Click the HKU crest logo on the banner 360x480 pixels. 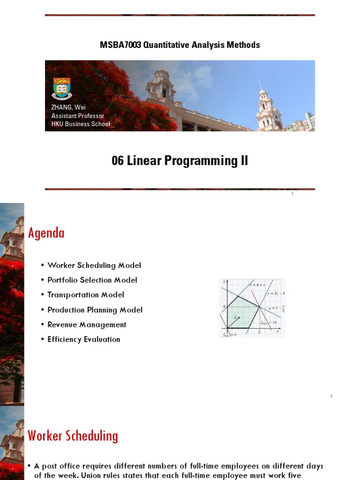(61, 89)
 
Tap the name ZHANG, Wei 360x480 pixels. (68, 107)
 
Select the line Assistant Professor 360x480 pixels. (78, 116)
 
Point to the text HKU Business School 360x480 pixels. (81, 124)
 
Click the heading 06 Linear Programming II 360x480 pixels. (180, 161)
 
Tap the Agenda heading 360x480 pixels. (46, 233)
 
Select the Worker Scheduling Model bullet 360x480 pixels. (94, 265)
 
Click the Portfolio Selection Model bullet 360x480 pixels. (92, 280)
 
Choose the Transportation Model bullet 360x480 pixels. (86, 295)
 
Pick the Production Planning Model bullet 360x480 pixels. (95, 310)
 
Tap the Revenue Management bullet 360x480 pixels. (87, 324)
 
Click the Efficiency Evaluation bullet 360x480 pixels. (84, 339)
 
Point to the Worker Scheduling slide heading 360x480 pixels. (73, 436)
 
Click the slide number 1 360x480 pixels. (292, 194)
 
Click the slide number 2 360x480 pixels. (331, 397)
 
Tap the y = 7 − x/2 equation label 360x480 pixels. (276, 309)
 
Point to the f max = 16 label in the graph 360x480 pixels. (268, 322)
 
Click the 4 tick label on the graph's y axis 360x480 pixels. (224, 307)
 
